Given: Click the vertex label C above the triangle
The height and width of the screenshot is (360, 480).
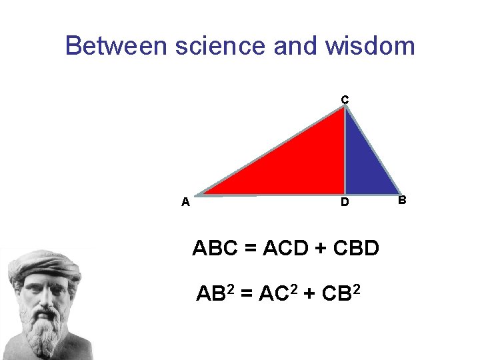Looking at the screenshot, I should [x=345, y=100].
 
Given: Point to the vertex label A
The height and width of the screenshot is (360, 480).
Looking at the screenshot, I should [x=185, y=201].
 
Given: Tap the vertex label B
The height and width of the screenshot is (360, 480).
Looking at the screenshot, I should [x=401, y=199].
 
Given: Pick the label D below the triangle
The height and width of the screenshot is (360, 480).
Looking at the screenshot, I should [x=345, y=202].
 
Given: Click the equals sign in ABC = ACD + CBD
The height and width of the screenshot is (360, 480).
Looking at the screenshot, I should [x=250, y=249].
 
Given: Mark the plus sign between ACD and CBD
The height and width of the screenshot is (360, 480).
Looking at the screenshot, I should [x=321, y=249].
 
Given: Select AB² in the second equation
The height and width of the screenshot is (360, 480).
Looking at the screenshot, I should [x=215, y=292].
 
